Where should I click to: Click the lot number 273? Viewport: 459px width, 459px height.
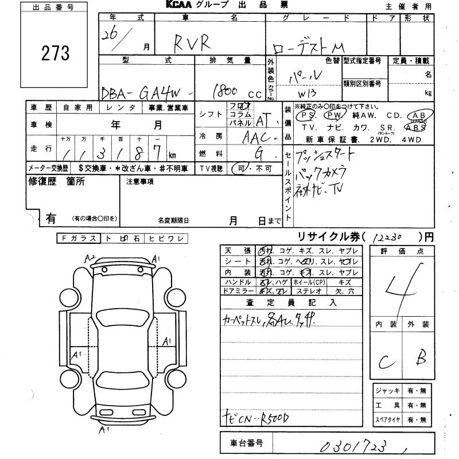(x=56, y=53)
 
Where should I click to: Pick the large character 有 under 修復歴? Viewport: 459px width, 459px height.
(x=51, y=218)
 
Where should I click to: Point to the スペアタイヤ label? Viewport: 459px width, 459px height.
(x=388, y=419)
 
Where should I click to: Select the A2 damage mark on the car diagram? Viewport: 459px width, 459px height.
(x=90, y=259)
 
